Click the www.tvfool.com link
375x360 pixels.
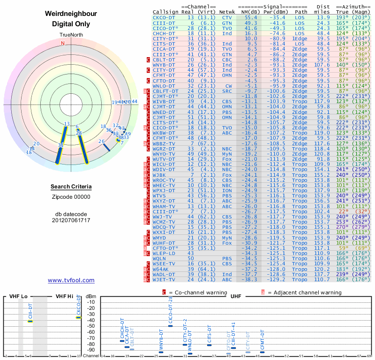tap(71, 280)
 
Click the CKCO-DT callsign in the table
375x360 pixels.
tap(164, 17)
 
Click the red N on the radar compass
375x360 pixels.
tap(62, 43)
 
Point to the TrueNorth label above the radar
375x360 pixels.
tap(71, 35)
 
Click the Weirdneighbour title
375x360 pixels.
tap(71, 14)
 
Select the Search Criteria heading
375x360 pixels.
tap(71, 187)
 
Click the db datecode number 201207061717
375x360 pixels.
tap(71, 220)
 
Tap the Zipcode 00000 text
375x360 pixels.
tap(71, 197)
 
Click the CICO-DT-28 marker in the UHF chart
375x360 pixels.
tap(171, 326)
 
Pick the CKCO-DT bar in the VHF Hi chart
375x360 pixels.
tap(79, 317)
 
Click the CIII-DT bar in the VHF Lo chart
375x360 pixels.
tap(30, 321)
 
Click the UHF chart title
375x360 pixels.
tap(235, 296)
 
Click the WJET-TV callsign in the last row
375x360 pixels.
tap(164, 280)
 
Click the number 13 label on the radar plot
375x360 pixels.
tap(67, 124)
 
